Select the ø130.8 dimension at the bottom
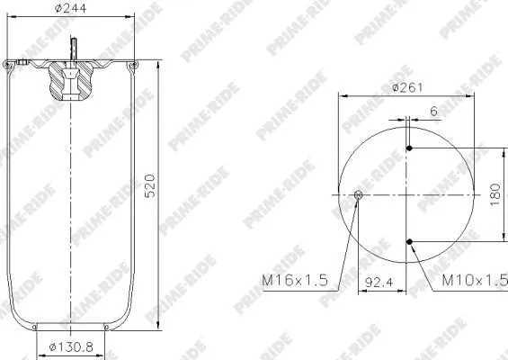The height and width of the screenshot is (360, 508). point(69,346)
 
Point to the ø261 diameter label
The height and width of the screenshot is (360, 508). point(406,87)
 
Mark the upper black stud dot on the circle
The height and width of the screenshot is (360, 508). point(410,148)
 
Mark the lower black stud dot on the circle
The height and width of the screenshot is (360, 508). point(410,241)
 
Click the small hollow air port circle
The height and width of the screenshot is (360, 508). point(359,194)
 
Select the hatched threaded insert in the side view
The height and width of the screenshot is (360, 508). point(69,83)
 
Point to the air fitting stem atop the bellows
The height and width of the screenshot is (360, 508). point(74,48)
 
